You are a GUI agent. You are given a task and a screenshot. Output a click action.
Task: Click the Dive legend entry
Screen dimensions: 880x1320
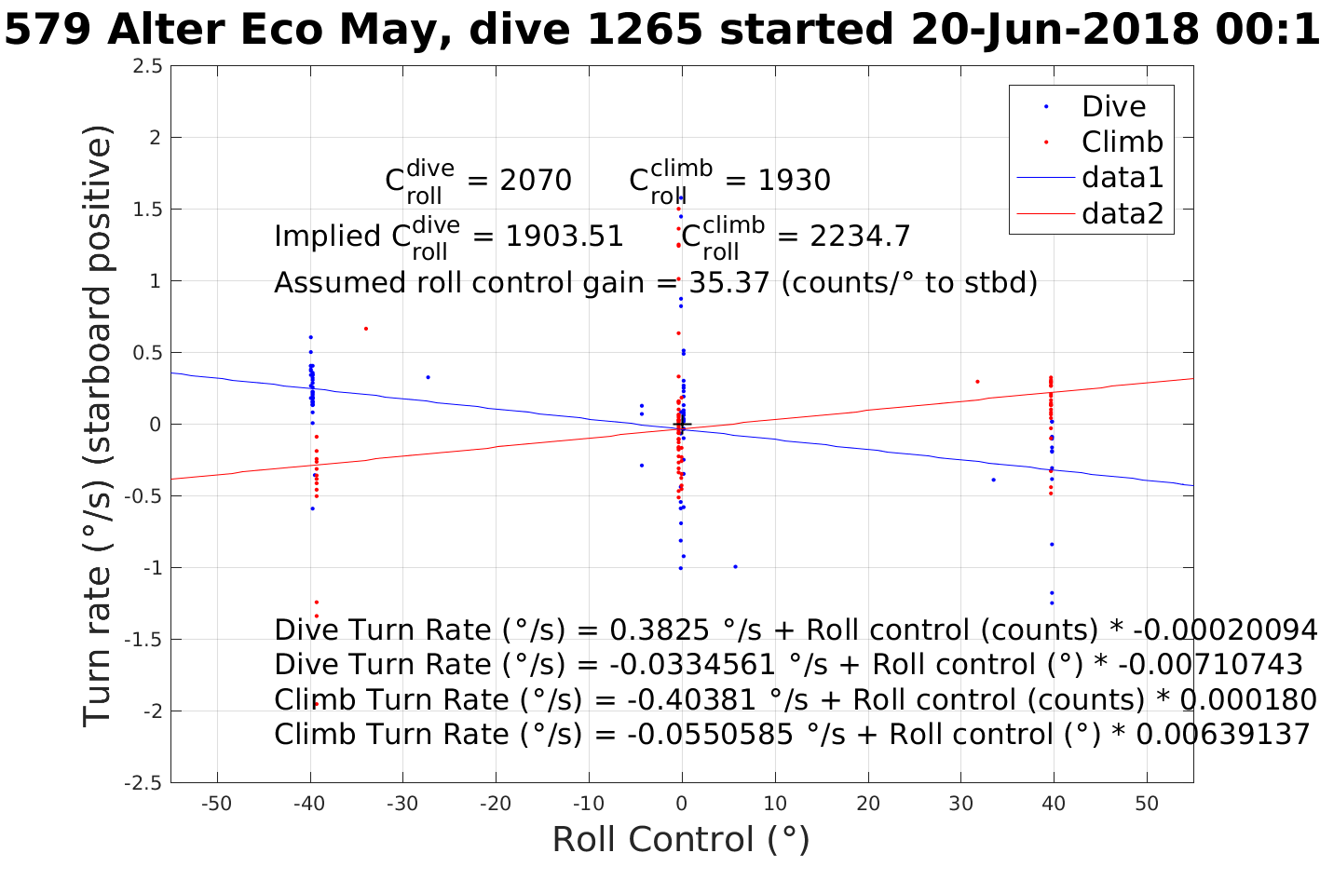coord(1113,106)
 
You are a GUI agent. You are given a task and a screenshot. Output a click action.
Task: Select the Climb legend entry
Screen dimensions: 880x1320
coord(1122,142)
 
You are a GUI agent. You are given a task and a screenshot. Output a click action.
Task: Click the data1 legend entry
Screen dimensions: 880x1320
coord(1122,177)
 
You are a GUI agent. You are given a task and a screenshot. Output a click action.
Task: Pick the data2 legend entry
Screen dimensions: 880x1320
coord(1122,213)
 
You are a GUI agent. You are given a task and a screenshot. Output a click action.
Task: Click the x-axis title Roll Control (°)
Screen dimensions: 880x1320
coord(681,839)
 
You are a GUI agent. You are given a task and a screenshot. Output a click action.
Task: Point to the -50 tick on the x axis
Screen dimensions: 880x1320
coord(216,804)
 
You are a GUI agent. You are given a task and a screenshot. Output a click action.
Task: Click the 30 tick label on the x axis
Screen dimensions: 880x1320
coord(960,804)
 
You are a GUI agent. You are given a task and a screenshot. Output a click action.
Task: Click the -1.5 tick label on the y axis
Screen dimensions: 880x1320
coord(145,640)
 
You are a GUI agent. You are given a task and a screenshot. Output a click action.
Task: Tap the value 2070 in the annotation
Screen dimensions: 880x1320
coord(536,180)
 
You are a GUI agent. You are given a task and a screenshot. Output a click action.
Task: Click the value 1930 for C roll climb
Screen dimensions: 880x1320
coord(794,180)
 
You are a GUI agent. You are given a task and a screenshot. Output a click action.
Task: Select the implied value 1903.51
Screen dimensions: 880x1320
coord(565,237)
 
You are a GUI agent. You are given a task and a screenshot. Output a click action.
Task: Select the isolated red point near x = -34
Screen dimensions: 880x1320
coord(366,329)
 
